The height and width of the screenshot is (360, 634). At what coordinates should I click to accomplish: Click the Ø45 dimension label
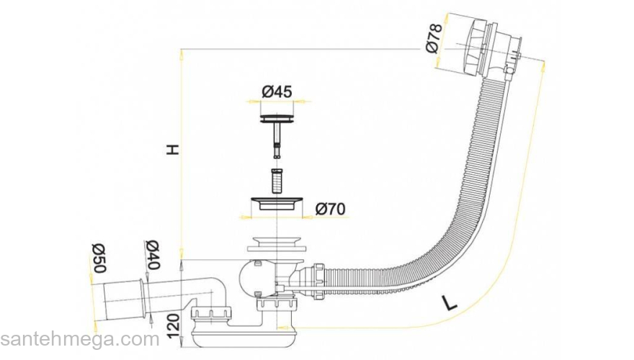point(277,91)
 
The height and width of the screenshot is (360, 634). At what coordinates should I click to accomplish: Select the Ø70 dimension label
point(331,209)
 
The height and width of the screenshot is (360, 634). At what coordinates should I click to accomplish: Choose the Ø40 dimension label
point(152,253)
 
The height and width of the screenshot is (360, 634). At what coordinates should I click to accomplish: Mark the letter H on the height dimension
point(171,150)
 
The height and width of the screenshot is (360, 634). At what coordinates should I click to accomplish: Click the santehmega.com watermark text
point(79,339)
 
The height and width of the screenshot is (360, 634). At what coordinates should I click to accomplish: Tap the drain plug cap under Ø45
point(277,117)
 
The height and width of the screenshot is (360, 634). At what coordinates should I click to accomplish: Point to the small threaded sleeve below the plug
point(277,179)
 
